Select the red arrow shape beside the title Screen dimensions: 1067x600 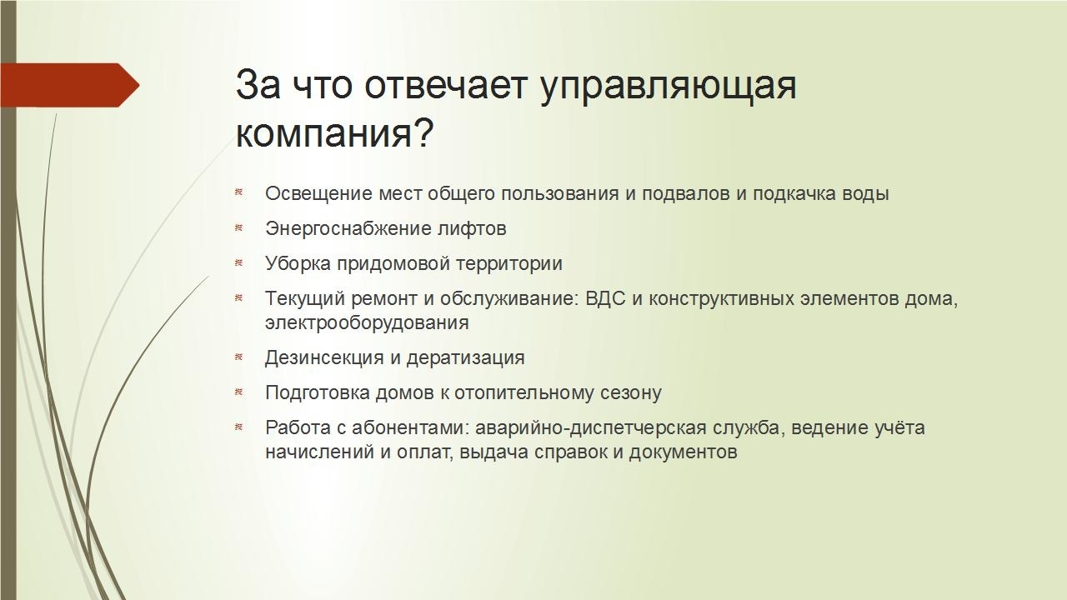[69, 85]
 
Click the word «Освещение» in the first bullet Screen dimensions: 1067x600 [318, 194]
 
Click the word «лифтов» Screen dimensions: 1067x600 [472, 228]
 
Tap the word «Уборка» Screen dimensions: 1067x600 [298, 264]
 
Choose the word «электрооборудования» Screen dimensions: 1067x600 [367, 322]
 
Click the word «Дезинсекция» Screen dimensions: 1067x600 [324, 358]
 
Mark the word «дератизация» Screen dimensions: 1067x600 [466, 358]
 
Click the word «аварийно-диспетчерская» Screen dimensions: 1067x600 [591, 428]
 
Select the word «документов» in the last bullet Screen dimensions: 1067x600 [683, 452]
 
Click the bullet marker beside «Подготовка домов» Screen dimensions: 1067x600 [239, 392]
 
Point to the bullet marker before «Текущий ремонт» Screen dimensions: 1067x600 [239, 298]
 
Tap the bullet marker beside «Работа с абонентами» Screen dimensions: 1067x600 [239, 427]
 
